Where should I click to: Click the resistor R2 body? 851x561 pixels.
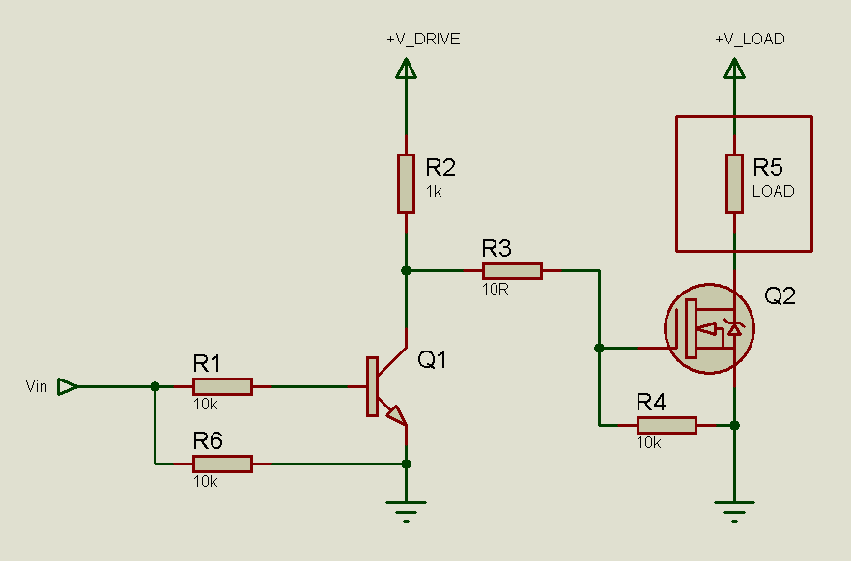coord(406,183)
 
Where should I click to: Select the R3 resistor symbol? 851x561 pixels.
coord(512,270)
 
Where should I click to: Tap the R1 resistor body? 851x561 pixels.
coord(222,386)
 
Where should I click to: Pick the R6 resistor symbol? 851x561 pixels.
coord(222,463)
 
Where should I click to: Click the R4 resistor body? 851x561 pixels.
coord(667,425)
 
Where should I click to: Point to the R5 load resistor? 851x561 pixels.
coord(735,183)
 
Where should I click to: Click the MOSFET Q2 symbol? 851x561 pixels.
coord(710,329)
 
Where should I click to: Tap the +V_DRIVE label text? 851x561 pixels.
coord(423,40)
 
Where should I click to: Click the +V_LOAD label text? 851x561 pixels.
coord(750,40)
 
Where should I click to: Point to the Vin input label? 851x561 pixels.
coord(37,387)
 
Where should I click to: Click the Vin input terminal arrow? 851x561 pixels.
coord(68,386)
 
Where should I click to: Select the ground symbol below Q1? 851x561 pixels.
coord(406,509)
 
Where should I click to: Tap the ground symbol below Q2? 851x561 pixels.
coord(735,509)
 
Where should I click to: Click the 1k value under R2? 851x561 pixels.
coord(434,191)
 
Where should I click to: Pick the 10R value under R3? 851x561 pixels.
coord(496,289)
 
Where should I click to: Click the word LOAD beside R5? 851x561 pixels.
coord(773,191)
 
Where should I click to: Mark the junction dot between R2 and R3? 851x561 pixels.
coord(406,270)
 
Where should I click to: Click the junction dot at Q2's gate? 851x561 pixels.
coord(599,348)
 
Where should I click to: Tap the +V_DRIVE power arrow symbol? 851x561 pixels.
coord(406,69)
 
